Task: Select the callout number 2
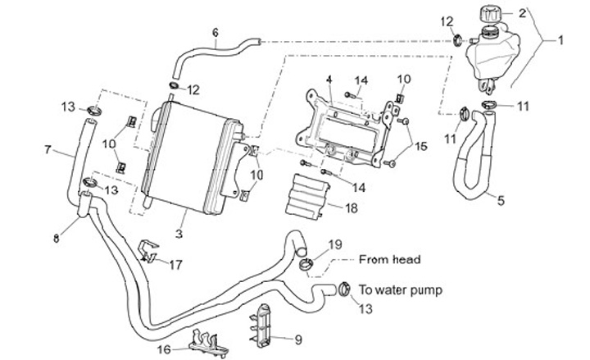tap(521, 14)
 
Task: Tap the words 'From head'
tap(389, 259)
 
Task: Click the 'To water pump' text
tap(400, 290)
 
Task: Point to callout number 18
tap(352, 208)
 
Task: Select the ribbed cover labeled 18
tap(307, 196)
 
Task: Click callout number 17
tap(175, 265)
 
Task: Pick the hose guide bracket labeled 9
tap(261, 323)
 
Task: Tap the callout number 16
tap(164, 350)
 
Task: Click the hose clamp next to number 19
tap(306, 264)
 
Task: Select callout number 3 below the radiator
tap(179, 234)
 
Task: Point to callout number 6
tap(216, 32)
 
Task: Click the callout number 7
tap(48, 149)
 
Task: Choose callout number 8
tap(56, 239)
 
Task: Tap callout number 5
tap(501, 201)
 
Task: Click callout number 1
tap(560, 40)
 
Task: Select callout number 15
tap(421, 146)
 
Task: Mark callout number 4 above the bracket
tap(329, 80)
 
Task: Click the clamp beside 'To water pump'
tap(344, 289)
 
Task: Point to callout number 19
tap(335, 244)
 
